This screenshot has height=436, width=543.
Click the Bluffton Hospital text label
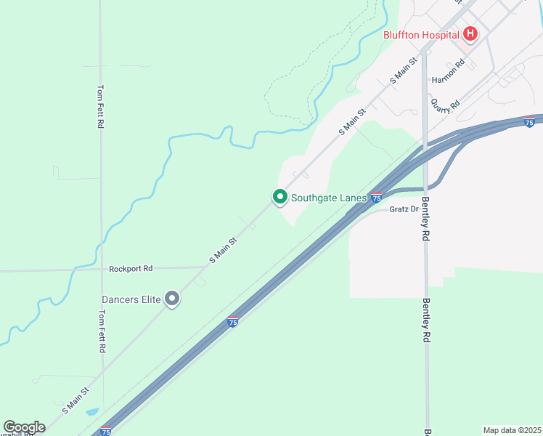[x=421, y=34]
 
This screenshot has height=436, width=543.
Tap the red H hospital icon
[x=470, y=33]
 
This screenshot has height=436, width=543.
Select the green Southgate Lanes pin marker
[x=279, y=196]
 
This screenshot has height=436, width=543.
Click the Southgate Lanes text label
[x=329, y=197]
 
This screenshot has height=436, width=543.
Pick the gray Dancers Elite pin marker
[x=172, y=298]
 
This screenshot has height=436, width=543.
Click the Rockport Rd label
[x=131, y=268]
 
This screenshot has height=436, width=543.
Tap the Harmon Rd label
[x=447, y=72]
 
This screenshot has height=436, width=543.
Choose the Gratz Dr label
[x=404, y=209]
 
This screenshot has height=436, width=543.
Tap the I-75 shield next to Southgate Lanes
[x=376, y=197]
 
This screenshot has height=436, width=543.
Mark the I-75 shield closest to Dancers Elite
[x=232, y=322]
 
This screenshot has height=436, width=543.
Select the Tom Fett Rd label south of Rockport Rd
[x=102, y=332]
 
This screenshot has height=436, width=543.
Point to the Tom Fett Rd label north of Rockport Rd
[x=100, y=107]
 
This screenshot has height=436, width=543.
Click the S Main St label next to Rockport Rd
[x=223, y=250]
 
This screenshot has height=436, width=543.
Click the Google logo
[x=24, y=427]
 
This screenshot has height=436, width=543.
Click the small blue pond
[x=92, y=412]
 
